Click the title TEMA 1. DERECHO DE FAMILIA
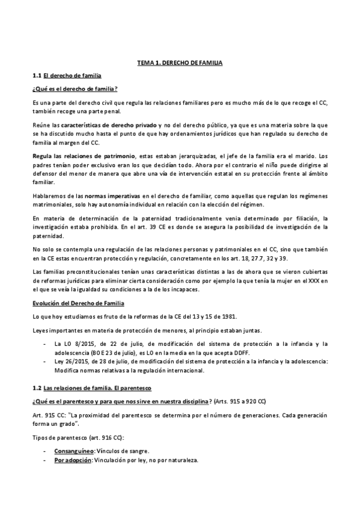[x=180, y=63]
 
